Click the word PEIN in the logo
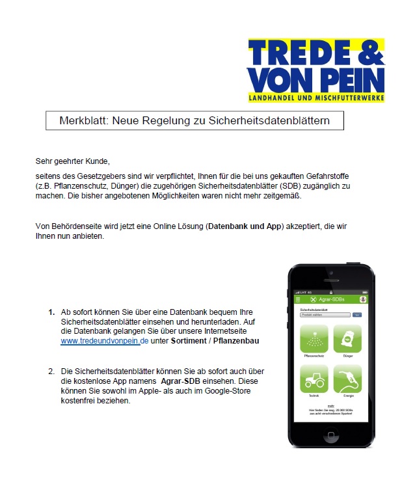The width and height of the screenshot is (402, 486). pos(353,80)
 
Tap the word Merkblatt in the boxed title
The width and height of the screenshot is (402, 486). pos(81,120)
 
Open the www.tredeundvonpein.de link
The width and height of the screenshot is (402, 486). pos(105,340)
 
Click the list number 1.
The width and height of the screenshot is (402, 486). pos(51,312)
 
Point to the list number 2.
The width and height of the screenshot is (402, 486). pos(51,371)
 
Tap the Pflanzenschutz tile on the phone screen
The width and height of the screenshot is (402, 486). pos(314,339)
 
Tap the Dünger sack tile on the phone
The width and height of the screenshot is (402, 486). pos(347,339)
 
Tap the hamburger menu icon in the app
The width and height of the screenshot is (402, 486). pos(299,299)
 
